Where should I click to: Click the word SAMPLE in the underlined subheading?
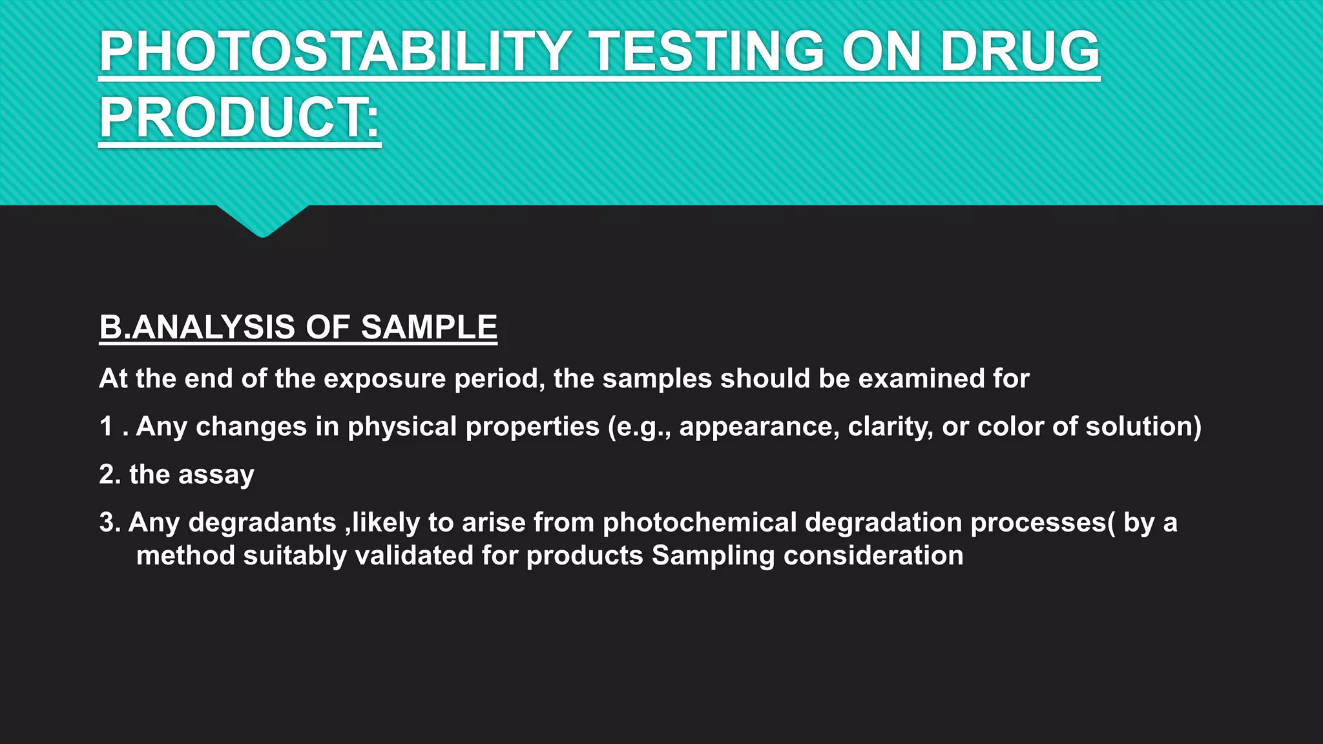[429, 327]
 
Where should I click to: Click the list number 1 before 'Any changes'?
[107, 426]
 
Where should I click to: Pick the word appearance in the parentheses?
[759, 427]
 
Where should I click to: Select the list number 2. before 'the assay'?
[110, 474]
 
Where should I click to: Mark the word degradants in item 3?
[262, 522]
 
